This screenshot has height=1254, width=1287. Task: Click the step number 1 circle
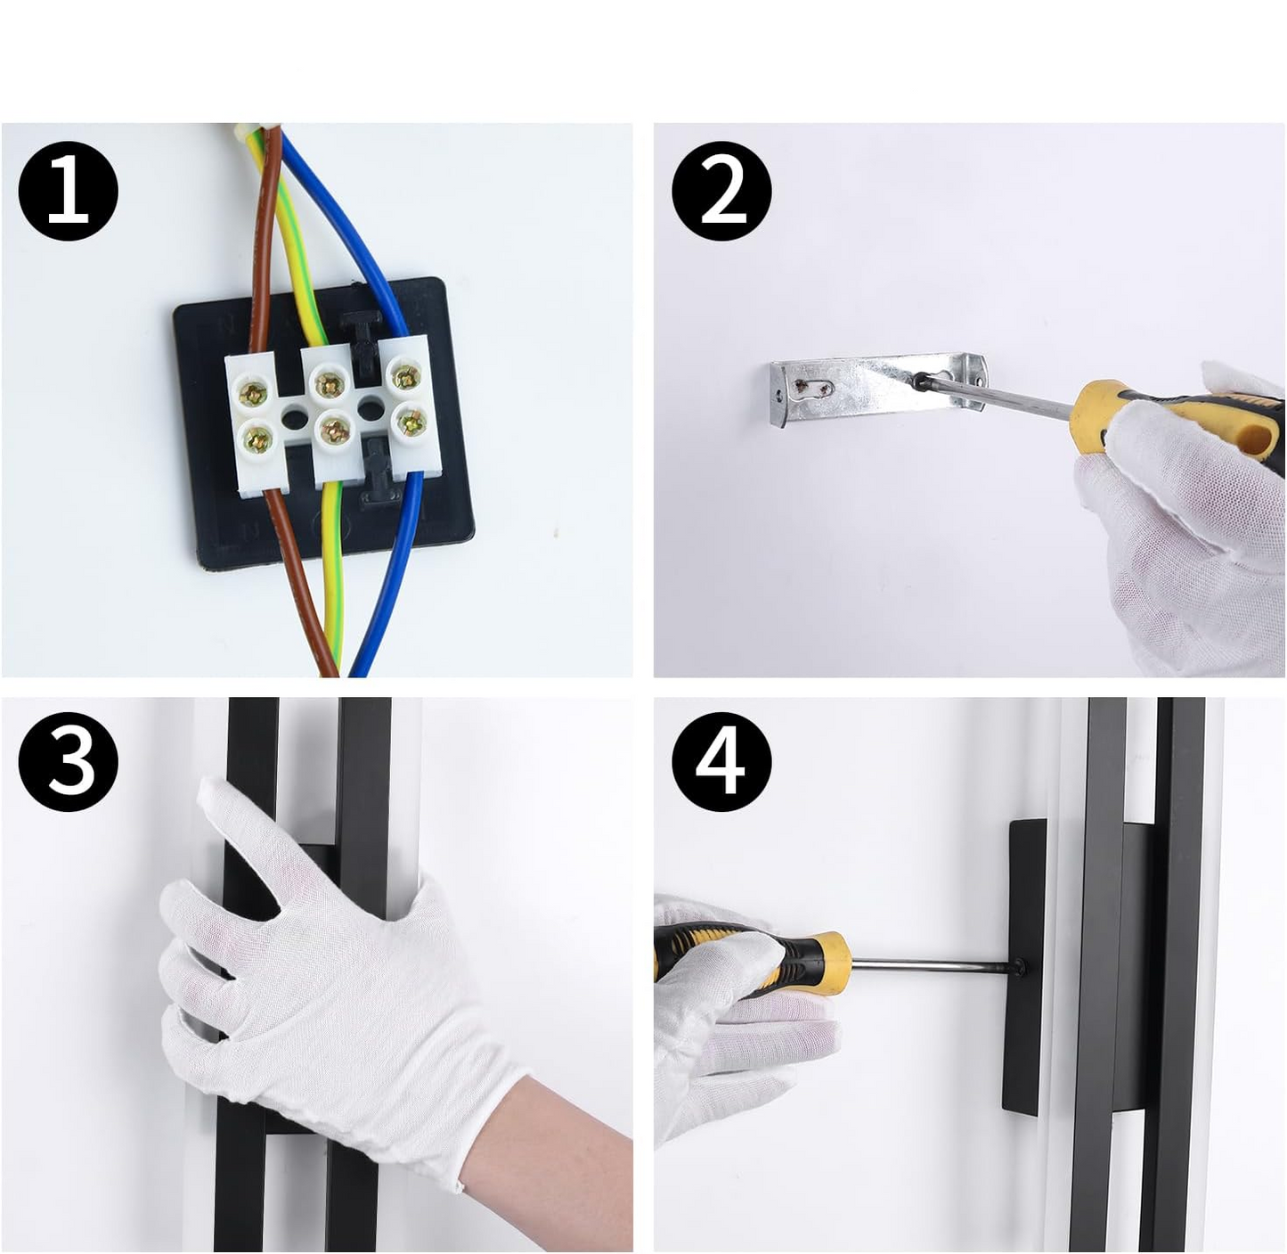(68, 191)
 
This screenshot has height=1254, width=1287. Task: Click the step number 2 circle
(721, 191)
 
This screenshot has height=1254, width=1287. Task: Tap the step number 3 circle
(68, 761)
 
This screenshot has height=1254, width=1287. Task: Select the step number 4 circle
(721, 761)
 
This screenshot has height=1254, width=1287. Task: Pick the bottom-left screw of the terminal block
(257, 438)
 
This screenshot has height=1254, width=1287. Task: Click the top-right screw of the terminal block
(405, 375)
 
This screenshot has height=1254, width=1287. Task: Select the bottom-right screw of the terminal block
(411, 421)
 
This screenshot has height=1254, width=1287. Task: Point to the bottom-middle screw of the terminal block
(335, 430)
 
